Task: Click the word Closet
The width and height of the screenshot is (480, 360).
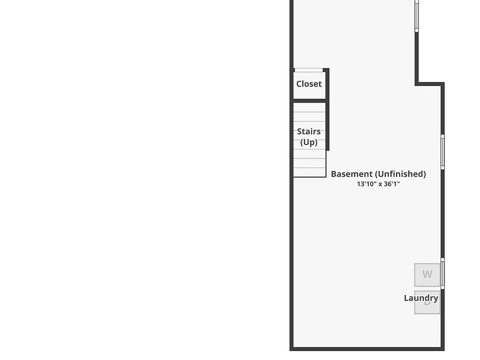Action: [x=309, y=84]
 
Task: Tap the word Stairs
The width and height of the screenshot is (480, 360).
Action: [x=309, y=131]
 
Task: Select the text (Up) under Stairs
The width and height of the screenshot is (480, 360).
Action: [x=309, y=142]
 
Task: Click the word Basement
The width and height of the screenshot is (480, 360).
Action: [x=351, y=174]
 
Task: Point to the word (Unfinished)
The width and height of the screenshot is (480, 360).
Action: [x=400, y=174]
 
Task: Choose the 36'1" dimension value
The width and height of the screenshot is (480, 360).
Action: [x=391, y=184]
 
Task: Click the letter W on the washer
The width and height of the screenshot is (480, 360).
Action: [x=427, y=274]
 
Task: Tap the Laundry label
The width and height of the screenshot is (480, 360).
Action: [x=421, y=298]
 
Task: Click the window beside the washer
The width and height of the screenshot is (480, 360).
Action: [x=442, y=273]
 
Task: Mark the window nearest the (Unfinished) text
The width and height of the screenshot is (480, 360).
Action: [x=442, y=151]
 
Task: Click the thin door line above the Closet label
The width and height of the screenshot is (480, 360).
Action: [x=308, y=70]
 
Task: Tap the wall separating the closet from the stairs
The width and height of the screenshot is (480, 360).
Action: [x=310, y=101]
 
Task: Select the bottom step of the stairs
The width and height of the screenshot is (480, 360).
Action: [x=309, y=172]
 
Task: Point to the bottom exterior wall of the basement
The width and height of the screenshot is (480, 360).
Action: [x=367, y=348]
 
